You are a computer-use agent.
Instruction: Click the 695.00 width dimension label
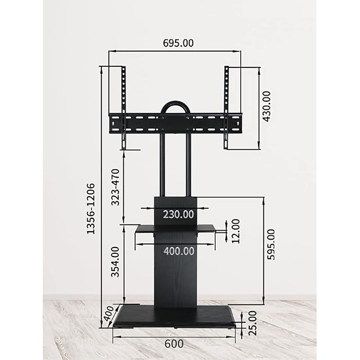(x=178, y=43)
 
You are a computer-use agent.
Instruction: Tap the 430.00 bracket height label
(x=267, y=106)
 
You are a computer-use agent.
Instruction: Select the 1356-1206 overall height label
(x=91, y=209)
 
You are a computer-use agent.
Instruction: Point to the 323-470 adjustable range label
(x=115, y=187)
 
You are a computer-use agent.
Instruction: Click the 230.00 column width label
(x=179, y=214)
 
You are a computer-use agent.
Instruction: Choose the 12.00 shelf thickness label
(x=236, y=231)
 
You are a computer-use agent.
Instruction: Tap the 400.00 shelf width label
(x=179, y=251)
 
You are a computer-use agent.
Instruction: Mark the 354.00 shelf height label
(x=115, y=262)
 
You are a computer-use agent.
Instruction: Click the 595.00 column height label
(x=271, y=245)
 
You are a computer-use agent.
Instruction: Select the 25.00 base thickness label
(x=253, y=323)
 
